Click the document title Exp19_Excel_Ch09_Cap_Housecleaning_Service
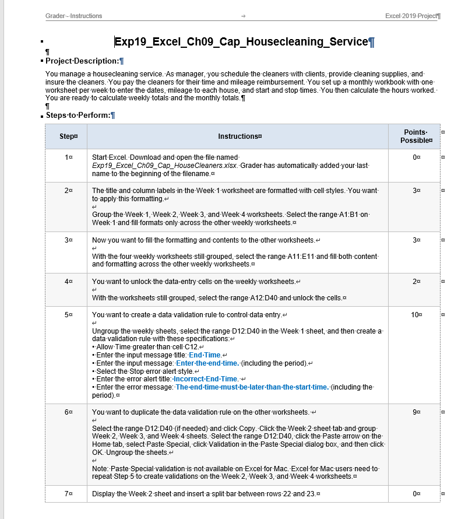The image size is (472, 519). (x=241, y=42)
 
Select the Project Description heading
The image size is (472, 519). (x=82, y=61)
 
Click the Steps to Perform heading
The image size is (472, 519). (x=78, y=115)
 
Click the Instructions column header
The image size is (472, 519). (x=239, y=136)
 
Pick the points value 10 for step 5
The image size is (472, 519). (x=414, y=315)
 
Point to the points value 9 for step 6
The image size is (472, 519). (x=414, y=412)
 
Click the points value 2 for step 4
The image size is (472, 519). (x=414, y=282)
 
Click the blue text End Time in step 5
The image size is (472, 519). (x=205, y=355)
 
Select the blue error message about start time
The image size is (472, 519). (x=252, y=387)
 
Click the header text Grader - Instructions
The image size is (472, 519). (x=73, y=16)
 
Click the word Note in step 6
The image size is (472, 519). (x=100, y=469)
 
